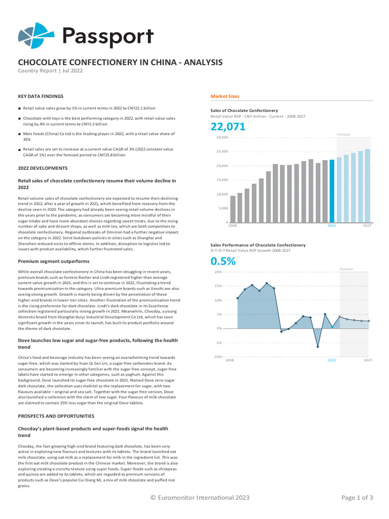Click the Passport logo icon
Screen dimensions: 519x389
click(35, 35)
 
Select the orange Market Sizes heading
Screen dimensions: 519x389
click(224, 96)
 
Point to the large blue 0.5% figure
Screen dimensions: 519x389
click(223, 262)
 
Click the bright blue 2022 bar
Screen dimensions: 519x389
click(332, 191)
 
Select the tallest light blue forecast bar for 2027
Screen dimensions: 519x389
click(368, 186)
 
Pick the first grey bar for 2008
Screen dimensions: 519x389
click(233, 209)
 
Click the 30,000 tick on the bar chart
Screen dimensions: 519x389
click(222, 137)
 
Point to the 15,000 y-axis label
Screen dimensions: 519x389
click(222, 180)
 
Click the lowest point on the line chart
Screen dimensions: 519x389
click(318, 347)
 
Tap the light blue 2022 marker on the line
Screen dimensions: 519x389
click(332, 327)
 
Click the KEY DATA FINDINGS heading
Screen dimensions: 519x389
click(41, 96)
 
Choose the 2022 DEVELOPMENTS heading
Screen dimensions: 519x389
click(43, 168)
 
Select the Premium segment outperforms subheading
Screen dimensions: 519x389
click(54, 261)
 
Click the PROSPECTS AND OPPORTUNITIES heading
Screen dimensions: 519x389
click(56, 416)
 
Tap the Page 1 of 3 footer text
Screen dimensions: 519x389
click(357, 498)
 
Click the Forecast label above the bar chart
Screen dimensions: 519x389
click(343, 134)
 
